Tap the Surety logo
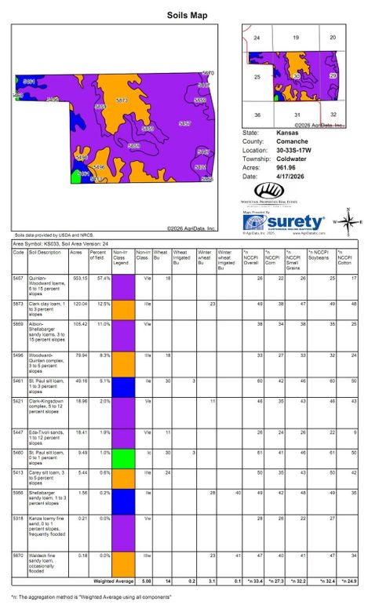click(x=282, y=223)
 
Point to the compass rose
click(x=348, y=221)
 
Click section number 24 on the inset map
click(x=257, y=38)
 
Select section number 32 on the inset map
click(x=333, y=115)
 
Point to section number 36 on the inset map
click(x=257, y=115)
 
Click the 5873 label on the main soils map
click(x=122, y=100)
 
